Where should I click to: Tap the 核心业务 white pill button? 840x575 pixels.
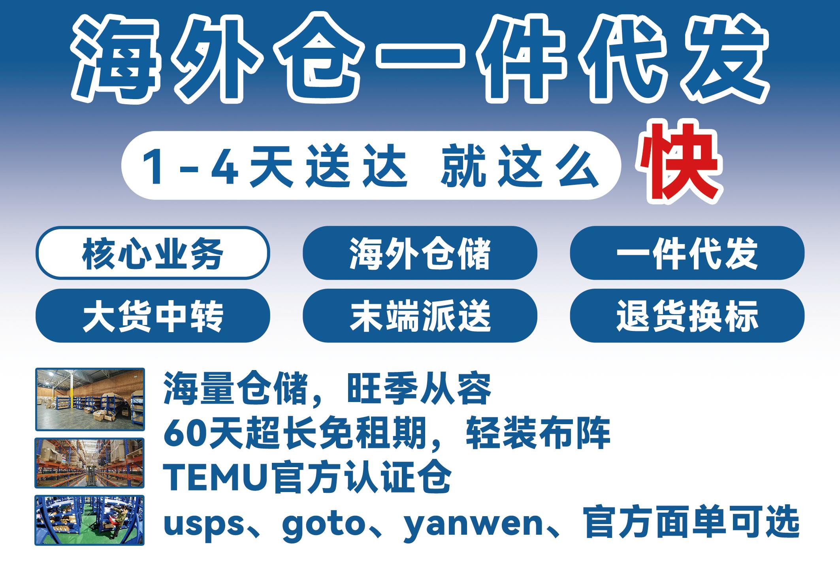[153, 253]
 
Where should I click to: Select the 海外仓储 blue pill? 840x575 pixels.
[420, 253]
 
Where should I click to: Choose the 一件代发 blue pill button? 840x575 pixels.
[687, 253]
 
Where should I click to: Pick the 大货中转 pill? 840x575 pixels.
[153, 316]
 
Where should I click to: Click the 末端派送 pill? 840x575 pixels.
[420, 316]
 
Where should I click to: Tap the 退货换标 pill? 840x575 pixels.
[687, 316]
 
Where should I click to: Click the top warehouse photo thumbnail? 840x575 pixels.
[90, 399]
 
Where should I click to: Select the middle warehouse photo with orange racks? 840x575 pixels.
[90, 463]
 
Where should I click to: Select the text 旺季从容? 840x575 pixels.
[419, 388]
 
